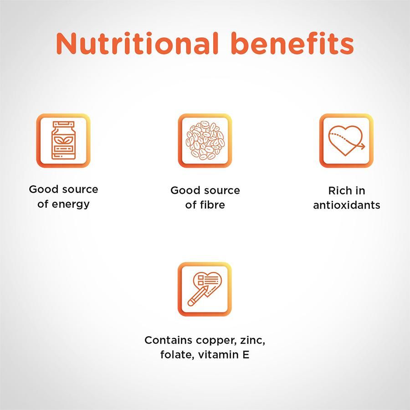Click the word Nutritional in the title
pos(133,44)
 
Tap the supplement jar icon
pos(63,140)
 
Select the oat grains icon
pos(205,140)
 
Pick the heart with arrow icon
pos(346,140)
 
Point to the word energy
pos(71,204)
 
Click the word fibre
pos(212,205)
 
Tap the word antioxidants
pos(346,205)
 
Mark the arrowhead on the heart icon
pos(362,146)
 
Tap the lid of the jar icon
pos(63,124)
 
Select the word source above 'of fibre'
pos(222,190)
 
